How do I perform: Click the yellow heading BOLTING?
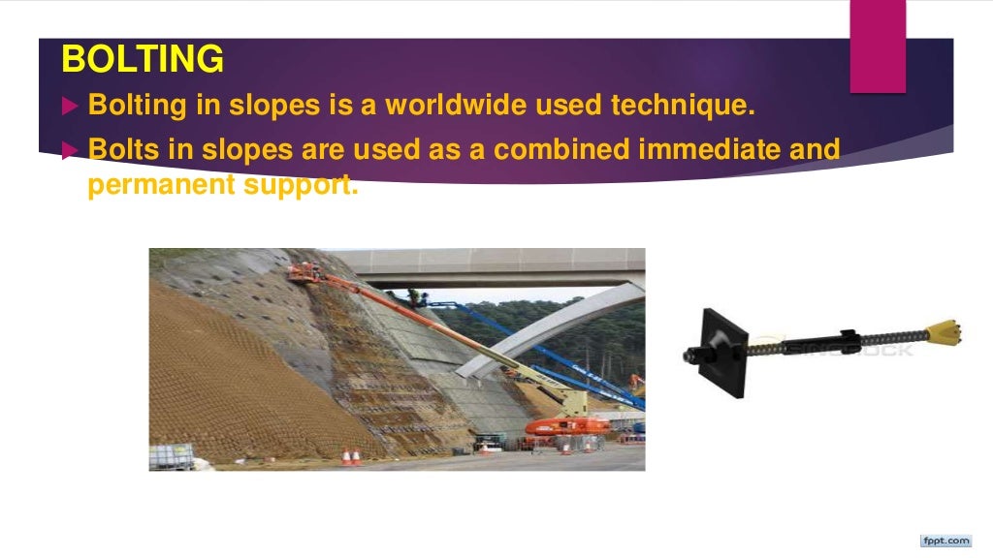[x=142, y=60]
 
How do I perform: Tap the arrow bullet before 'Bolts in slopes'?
[x=68, y=150]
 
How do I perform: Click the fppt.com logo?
[x=945, y=540]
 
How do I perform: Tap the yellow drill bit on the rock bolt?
[x=944, y=334]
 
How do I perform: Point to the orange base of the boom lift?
[x=567, y=426]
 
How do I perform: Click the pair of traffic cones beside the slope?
[x=351, y=456]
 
